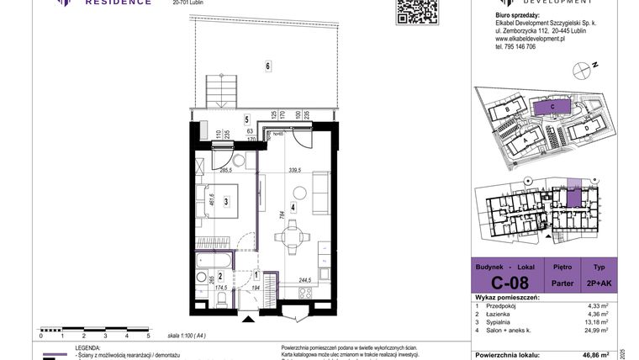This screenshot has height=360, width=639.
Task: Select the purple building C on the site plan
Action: [552, 107]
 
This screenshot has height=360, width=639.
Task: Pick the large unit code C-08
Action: [510, 283]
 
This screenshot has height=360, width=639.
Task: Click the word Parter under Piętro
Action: [562, 283]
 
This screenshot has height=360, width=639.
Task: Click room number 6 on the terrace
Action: [267, 66]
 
